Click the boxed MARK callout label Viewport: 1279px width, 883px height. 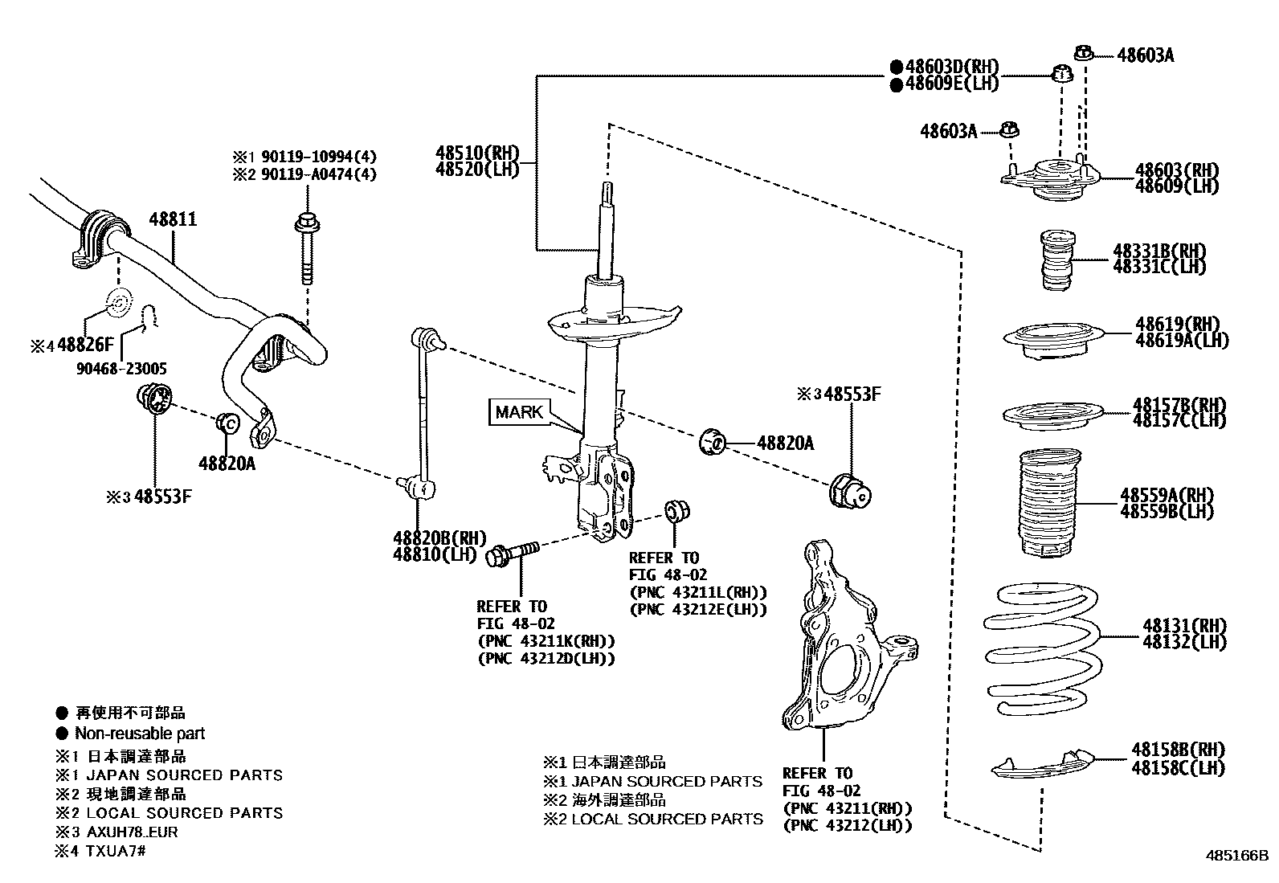[519, 412]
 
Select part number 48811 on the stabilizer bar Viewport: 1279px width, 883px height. [173, 219]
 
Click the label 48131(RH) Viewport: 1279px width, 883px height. [1185, 626]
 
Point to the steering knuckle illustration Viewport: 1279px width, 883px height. [844, 643]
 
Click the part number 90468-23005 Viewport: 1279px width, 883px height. [122, 369]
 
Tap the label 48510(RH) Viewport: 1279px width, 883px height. [477, 153]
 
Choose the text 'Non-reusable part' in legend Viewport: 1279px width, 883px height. [140, 734]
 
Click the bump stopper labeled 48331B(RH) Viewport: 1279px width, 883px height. [1049, 260]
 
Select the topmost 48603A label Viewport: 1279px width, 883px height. [1145, 55]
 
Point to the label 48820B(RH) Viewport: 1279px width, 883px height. [439, 538]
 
